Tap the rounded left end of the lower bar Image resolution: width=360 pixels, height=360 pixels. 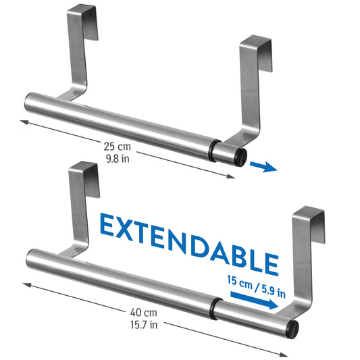(29, 257)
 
